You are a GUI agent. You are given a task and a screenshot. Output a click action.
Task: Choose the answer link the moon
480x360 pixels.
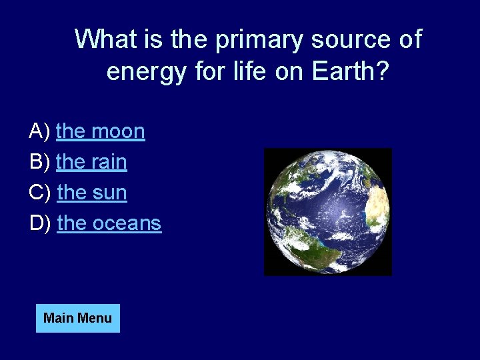point(101,131)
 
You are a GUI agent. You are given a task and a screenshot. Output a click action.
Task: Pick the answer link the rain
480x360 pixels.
point(92,162)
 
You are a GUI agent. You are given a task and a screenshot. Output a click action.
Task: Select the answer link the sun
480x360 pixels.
point(92,193)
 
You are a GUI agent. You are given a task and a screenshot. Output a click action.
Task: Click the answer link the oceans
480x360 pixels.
point(109,223)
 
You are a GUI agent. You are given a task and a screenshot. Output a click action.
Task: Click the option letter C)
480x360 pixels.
point(41,193)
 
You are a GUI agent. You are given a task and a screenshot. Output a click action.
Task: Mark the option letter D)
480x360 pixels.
point(41,223)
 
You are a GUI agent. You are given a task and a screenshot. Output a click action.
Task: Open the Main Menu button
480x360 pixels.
point(77,318)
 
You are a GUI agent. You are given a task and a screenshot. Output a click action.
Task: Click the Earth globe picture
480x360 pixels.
point(328,211)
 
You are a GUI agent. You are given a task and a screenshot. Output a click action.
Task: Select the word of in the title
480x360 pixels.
point(409,39)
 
